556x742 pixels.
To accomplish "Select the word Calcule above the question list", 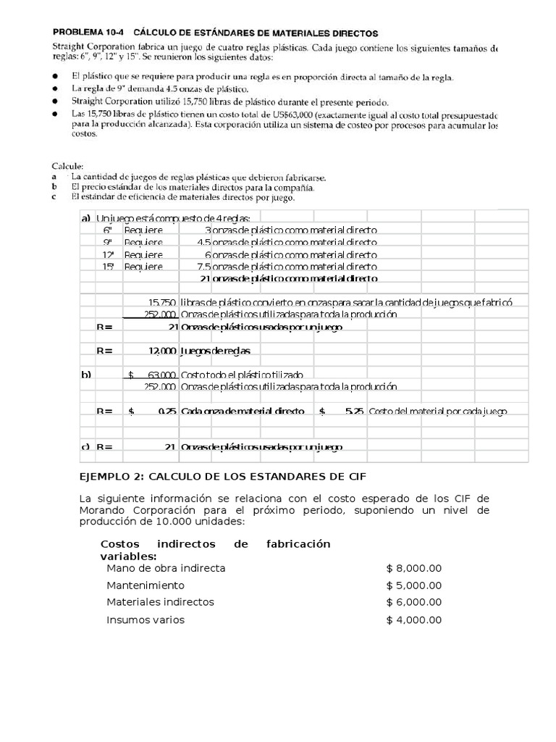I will [x=67, y=165].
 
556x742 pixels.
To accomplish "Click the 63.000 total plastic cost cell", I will [x=161, y=375].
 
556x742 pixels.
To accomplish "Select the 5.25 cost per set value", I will [x=353, y=411].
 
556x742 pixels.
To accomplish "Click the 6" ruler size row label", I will [x=108, y=230].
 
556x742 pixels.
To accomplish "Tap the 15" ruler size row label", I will [x=109, y=266].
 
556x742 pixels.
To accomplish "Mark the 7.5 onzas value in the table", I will [x=204, y=266].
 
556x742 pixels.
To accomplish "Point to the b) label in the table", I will [x=86, y=375].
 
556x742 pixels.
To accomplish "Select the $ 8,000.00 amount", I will [x=413, y=568].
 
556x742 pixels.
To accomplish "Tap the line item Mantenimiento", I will [x=146, y=585].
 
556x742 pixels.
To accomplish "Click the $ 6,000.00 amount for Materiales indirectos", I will [x=413, y=602].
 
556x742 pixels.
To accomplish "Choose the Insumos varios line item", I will [x=146, y=620].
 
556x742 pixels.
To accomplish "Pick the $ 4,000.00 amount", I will [x=413, y=620].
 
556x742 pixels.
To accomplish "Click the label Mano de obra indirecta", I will [x=166, y=568].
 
